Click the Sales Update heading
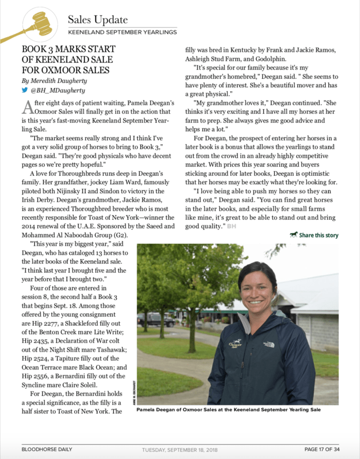(x=97, y=20)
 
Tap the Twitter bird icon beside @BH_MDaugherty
(x=24, y=90)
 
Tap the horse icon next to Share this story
(x=294, y=235)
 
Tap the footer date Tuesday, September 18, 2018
(x=180, y=449)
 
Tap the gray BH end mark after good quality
(x=230, y=226)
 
